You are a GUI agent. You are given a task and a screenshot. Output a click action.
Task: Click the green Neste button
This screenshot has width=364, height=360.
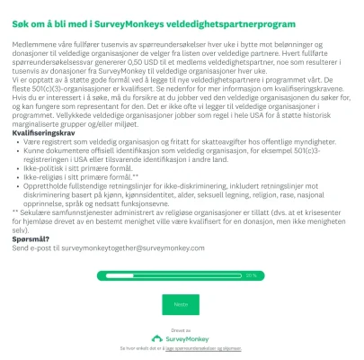click(182, 304)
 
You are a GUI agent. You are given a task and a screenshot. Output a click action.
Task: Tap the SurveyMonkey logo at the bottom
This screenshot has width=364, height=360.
click(182, 337)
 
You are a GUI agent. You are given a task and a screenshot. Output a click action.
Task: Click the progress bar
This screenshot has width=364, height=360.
click(171, 275)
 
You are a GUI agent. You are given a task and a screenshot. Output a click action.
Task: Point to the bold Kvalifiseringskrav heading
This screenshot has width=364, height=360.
click(44, 132)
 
